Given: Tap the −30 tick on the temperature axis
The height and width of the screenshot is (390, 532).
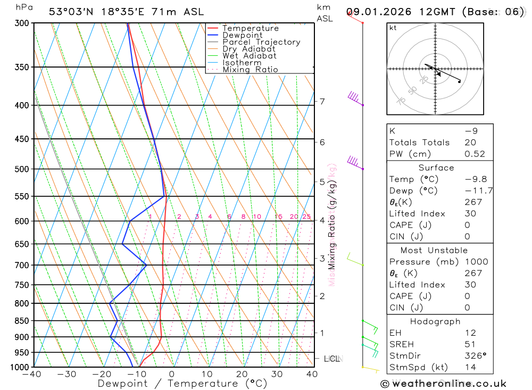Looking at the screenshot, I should pyautogui.click(x=67, y=374).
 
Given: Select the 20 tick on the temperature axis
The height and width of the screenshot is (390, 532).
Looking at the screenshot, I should pyautogui.click(x=242, y=374).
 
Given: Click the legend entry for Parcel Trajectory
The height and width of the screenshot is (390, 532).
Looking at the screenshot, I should pyautogui.click(x=261, y=42).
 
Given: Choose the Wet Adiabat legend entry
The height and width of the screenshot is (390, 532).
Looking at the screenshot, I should pyautogui.click(x=250, y=56).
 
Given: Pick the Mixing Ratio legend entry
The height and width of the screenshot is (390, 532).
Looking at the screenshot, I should pyautogui.click(x=250, y=70).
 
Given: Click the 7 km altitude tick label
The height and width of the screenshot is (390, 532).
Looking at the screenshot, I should pyautogui.click(x=322, y=101).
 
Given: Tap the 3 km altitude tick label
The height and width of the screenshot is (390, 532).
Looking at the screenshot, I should pyautogui.click(x=322, y=258).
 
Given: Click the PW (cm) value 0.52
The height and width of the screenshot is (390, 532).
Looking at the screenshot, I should pyautogui.click(x=475, y=154).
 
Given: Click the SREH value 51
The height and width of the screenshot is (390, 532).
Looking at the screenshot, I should pyautogui.click(x=470, y=344).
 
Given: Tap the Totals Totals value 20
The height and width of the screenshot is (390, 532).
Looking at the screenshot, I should pyautogui.click(x=470, y=142).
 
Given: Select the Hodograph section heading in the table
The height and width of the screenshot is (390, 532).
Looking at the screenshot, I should pyautogui.click(x=436, y=321).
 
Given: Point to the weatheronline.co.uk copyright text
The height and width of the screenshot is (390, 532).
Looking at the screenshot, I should pyautogui.click(x=444, y=383).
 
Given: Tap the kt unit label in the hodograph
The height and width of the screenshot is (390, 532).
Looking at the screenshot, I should pyautogui.click(x=393, y=28).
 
